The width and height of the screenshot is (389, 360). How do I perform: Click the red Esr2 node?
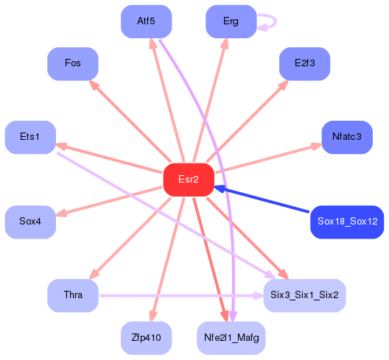(x=189, y=180)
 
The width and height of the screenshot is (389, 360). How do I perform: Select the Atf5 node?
(x=146, y=21)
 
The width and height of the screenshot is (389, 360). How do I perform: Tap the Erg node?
(x=231, y=21)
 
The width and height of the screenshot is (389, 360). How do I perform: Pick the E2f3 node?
(x=304, y=63)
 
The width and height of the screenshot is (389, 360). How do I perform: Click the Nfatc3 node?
(x=346, y=137)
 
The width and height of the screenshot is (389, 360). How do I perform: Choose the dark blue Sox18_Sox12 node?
(x=347, y=222)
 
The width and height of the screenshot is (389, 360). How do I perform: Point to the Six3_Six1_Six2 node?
(x=304, y=295)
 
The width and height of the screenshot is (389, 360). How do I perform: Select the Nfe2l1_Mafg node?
(x=231, y=338)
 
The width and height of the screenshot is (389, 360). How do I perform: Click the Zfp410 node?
(x=146, y=338)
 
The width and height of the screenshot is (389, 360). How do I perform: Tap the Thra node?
(x=73, y=295)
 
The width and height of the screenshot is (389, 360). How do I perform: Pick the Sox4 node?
(x=30, y=222)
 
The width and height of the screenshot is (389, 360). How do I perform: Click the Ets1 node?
(x=30, y=137)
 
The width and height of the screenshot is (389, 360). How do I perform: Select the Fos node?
(x=73, y=63)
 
